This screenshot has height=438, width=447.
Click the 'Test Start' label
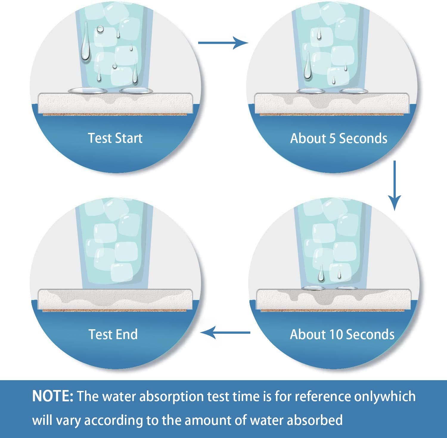click(x=115, y=138)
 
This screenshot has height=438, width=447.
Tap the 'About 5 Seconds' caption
click(x=339, y=138)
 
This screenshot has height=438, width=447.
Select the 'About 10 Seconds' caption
click(x=342, y=334)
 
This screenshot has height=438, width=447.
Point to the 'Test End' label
click(x=113, y=334)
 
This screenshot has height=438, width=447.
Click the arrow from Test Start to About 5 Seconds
click(x=223, y=43)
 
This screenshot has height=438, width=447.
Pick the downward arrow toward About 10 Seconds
click(x=395, y=185)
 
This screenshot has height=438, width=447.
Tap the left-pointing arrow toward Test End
click(x=225, y=332)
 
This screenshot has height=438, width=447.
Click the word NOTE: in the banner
click(x=52, y=396)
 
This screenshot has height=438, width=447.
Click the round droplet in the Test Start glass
click(x=100, y=29)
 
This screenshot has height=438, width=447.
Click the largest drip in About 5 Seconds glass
click(x=308, y=66)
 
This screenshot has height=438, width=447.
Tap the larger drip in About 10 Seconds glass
click(x=321, y=273)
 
